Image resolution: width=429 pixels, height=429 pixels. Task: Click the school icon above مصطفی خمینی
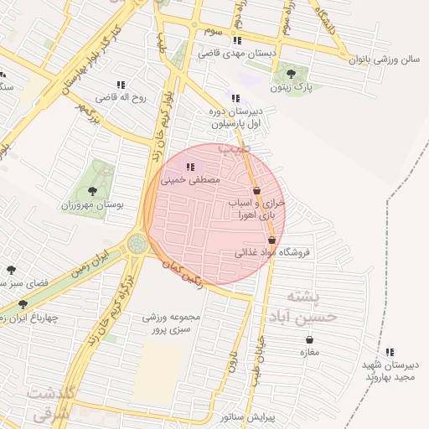click(x=189, y=167)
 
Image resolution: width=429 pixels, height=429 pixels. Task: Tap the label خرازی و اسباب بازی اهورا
click(x=256, y=209)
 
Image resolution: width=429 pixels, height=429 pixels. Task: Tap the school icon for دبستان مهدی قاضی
click(x=237, y=40)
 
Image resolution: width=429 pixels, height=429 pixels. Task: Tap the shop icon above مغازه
click(x=311, y=339)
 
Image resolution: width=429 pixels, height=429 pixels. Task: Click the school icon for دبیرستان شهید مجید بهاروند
click(x=389, y=352)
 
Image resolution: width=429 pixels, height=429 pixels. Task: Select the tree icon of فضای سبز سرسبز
click(x=11, y=270)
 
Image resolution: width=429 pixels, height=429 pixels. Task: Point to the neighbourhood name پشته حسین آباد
click(x=312, y=307)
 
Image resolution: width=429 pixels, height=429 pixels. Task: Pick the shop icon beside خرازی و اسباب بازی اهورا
click(x=256, y=191)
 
